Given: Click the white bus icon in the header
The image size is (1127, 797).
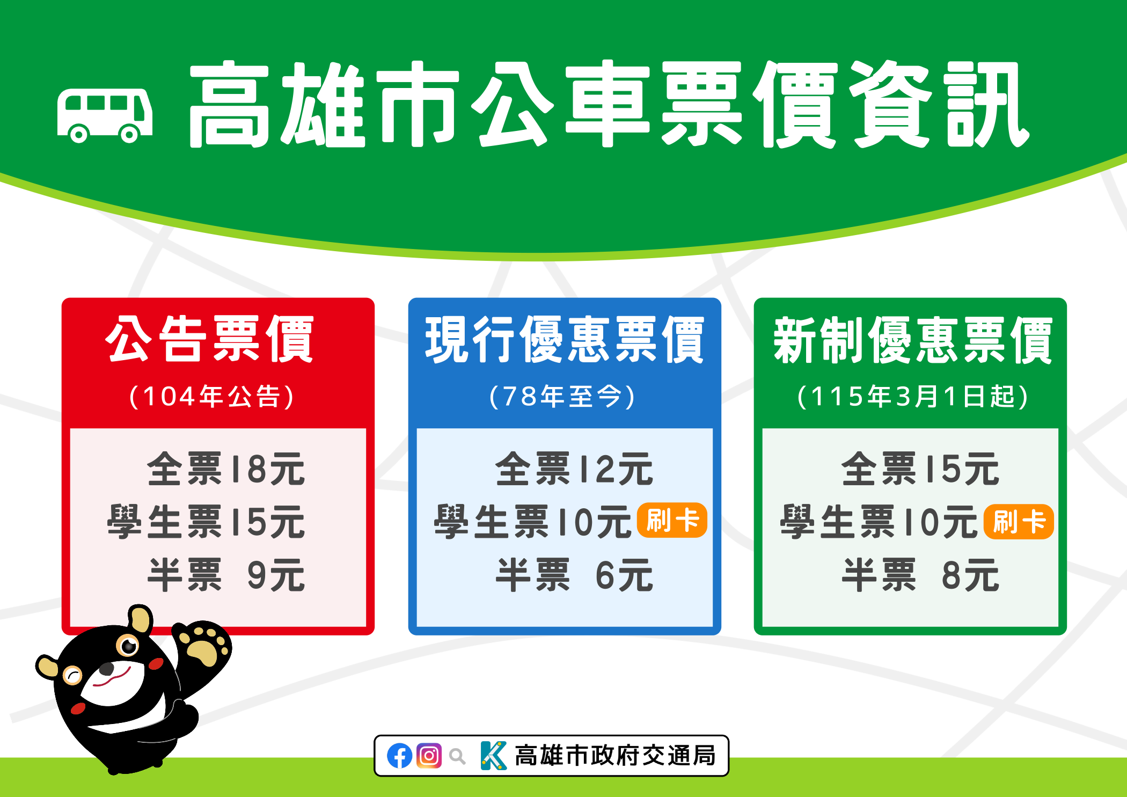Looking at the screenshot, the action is (x=105, y=116).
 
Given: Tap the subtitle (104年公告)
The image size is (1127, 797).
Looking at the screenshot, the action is (x=211, y=397).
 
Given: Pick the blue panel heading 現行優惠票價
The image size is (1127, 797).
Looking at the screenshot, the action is (x=565, y=340).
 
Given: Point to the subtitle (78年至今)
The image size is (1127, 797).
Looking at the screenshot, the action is (x=562, y=397).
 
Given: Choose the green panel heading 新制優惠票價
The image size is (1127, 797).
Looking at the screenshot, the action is (x=912, y=340).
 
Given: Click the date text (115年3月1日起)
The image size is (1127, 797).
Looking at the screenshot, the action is (x=913, y=397).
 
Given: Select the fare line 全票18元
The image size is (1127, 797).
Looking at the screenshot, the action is (x=226, y=469).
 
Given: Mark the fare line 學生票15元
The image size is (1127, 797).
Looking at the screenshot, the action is (x=206, y=522).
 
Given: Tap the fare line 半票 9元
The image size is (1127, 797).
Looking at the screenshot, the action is (x=226, y=575).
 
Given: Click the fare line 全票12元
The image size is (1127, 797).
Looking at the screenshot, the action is (x=574, y=469).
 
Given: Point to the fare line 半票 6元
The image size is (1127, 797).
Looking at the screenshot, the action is (x=574, y=575).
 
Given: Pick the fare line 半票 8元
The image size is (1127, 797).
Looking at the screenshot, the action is (x=920, y=575).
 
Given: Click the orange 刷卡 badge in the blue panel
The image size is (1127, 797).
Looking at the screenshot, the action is (x=672, y=521).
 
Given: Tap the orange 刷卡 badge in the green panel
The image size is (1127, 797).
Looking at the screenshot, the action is (x=1019, y=522).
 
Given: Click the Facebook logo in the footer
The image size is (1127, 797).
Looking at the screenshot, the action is (x=400, y=756).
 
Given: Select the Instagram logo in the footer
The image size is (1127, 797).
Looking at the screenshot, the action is (x=429, y=756).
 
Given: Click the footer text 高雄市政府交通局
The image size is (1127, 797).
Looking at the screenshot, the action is (x=615, y=756).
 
